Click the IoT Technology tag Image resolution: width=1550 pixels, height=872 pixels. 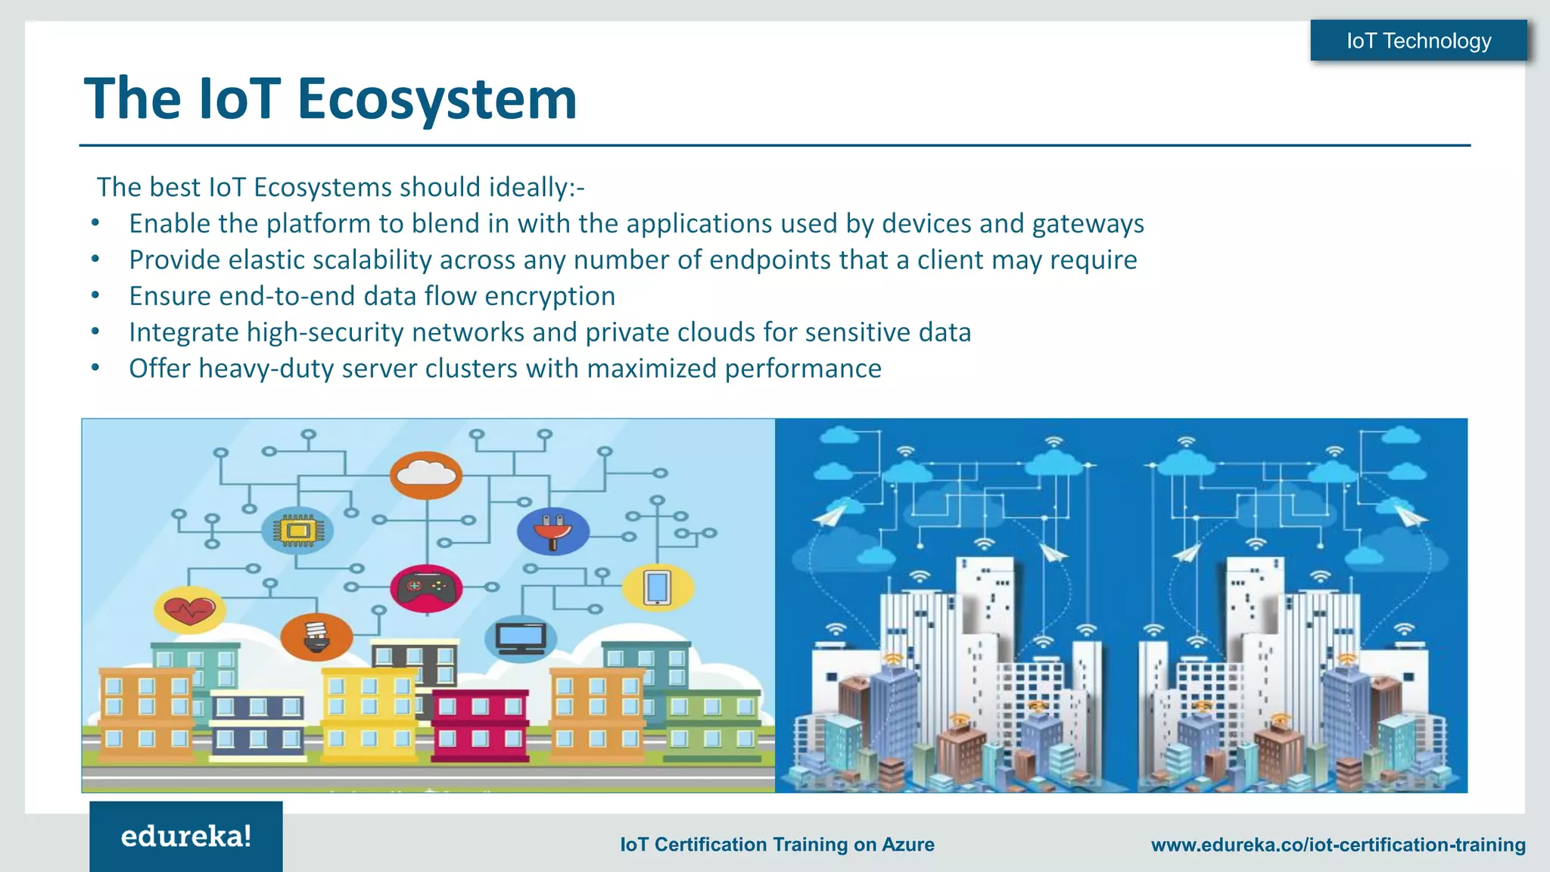1418,41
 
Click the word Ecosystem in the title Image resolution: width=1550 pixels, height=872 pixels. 437,99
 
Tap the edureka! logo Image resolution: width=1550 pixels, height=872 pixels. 186,836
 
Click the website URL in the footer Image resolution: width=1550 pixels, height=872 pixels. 1338,845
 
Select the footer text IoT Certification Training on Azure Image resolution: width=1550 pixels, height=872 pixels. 777,845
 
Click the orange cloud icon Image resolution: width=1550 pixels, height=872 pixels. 426,475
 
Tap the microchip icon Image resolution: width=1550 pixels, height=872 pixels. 298,530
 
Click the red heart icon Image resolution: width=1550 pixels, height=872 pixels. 189,609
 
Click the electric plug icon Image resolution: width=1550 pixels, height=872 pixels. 552,530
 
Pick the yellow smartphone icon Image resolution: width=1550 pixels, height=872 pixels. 657,587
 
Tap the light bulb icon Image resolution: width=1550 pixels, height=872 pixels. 316,636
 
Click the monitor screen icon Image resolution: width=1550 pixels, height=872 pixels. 521,638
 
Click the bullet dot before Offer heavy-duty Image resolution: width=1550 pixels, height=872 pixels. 95,369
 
